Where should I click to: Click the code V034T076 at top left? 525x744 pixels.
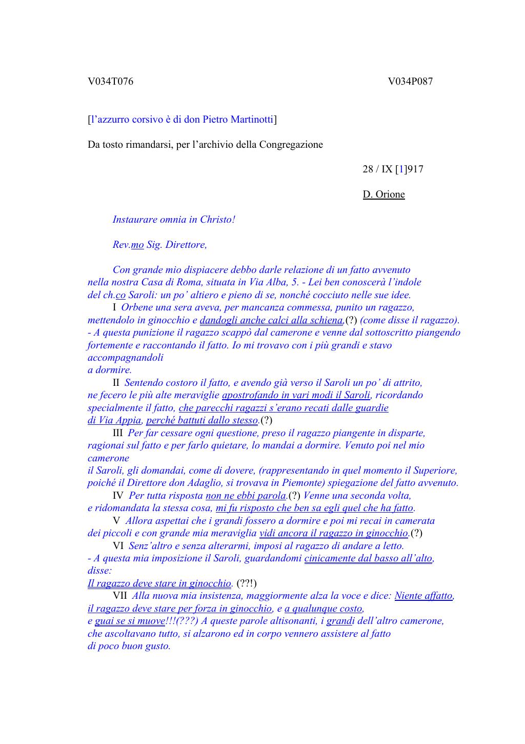pos(110,82)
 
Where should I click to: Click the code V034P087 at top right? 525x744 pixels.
pos(410,82)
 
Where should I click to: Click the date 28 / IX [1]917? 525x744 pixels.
pos(393,169)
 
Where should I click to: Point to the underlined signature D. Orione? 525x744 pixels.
pos(383,194)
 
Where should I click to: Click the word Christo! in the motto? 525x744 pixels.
pos(217,220)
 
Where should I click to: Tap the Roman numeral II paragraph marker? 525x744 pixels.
pos(116,383)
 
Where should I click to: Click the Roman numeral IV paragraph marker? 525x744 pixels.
pos(118,496)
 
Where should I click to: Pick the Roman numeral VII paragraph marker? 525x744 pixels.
pos(119,596)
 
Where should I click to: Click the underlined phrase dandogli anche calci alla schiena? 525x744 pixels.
pos(271,320)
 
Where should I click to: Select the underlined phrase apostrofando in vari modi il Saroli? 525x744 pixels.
pos(296,396)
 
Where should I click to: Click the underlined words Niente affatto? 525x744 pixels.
pos(423,596)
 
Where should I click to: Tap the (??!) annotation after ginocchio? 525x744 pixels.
pos(247,583)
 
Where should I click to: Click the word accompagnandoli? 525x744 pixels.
pos(126,358)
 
